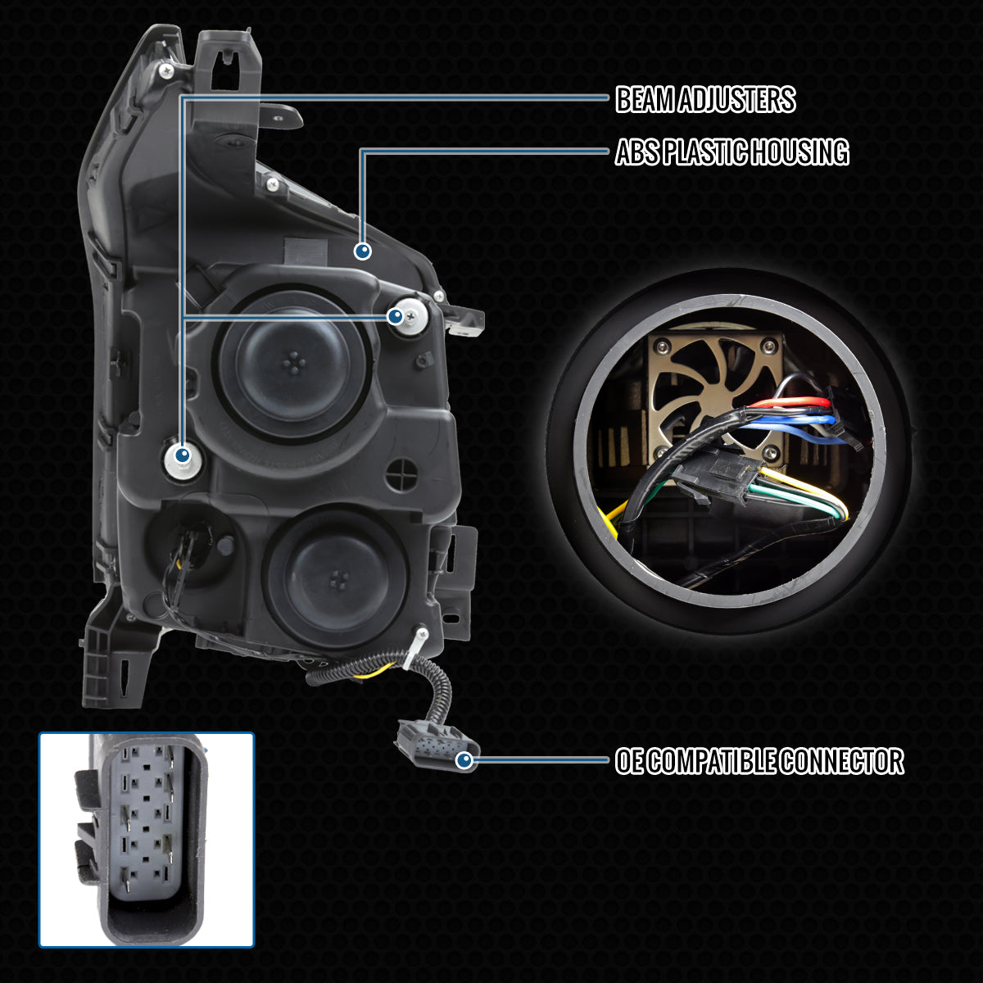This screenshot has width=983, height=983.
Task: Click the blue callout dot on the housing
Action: (363, 251)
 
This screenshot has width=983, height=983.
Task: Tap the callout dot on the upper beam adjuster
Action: (396, 317)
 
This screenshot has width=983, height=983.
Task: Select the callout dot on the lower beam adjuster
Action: (182, 454)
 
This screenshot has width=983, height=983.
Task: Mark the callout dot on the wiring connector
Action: (464, 761)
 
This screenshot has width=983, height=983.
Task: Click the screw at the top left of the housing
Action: (165, 71)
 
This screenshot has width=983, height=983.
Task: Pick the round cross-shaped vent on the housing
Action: (402, 475)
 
